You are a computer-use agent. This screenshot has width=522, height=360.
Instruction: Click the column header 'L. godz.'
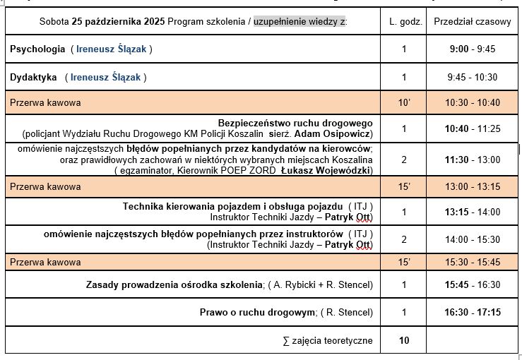point(405,22)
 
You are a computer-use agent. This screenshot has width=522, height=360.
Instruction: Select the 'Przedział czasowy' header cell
point(472,22)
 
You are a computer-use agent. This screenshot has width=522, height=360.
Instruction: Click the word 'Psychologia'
point(37,49)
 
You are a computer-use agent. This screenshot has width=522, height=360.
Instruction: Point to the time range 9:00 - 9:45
point(472,49)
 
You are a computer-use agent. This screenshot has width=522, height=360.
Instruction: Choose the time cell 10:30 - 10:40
point(472,102)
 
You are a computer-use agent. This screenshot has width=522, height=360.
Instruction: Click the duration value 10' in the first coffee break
point(404,102)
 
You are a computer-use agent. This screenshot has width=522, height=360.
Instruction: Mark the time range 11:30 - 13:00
point(472,160)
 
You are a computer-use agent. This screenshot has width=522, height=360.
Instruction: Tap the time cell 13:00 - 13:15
point(472,186)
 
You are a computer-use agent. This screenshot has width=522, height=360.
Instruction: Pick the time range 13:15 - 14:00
point(472,211)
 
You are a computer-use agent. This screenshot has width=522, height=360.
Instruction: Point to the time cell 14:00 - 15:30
point(472,239)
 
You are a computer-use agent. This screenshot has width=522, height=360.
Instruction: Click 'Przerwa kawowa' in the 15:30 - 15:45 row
point(45,263)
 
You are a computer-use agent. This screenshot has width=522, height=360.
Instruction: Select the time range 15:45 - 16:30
point(472,284)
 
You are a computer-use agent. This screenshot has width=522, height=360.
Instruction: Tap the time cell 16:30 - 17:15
point(472,312)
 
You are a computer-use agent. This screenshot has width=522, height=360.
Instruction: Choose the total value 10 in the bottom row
point(404,340)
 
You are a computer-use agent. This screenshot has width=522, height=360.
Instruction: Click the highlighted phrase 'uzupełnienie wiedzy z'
point(299,22)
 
